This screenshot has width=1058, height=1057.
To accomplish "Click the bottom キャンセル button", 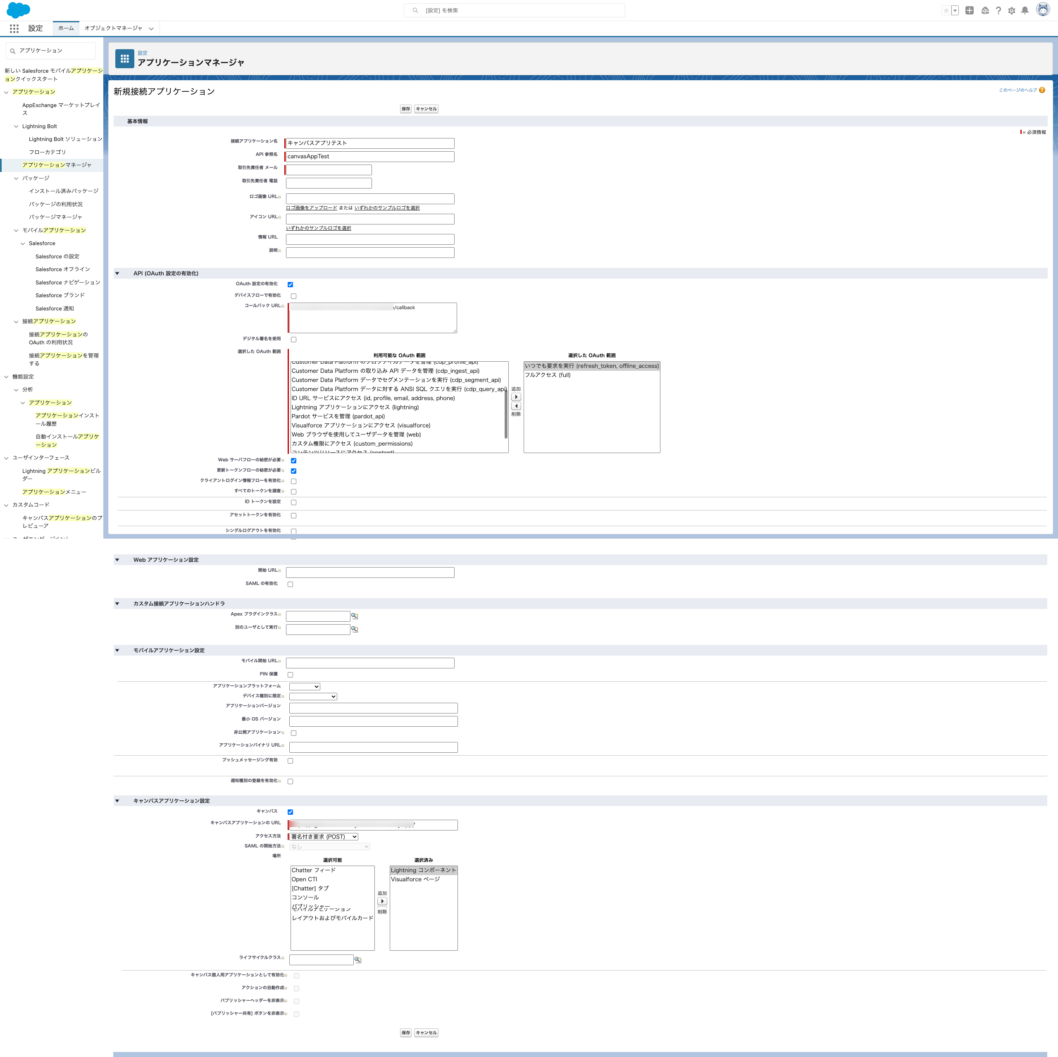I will [426, 1032].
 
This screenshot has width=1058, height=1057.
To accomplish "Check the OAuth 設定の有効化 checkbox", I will [290, 285].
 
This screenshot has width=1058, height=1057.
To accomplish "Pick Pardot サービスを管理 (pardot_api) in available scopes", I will [338, 416].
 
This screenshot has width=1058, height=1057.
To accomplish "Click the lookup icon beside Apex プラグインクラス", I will [354, 616].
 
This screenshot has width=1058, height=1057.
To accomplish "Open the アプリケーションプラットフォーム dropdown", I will [305, 687].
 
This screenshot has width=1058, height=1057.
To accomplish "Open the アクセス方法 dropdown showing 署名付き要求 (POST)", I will [324, 837].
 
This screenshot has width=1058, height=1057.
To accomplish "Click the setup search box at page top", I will [515, 10].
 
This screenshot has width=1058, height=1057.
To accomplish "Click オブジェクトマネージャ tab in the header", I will [113, 29].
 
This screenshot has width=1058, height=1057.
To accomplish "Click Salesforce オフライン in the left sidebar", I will [62, 270].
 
